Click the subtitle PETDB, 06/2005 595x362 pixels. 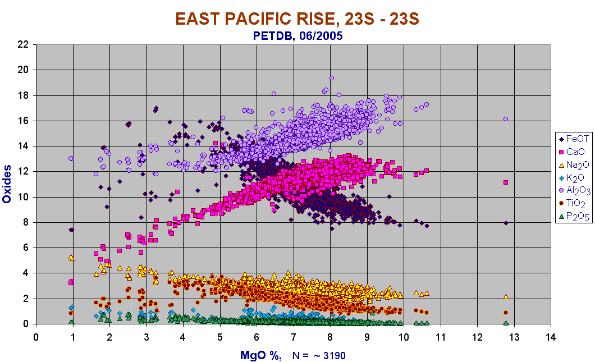(x=298, y=36)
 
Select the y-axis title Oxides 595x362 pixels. (x=6, y=184)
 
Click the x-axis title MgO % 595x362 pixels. (x=260, y=356)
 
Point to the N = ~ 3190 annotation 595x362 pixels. (x=319, y=356)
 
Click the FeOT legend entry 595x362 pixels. (x=574, y=139)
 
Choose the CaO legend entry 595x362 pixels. (x=573, y=152)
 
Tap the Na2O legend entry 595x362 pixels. (x=574, y=164)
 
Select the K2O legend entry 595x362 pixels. (x=571, y=177)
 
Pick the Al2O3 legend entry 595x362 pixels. (x=574, y=190)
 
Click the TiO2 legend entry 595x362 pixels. (x=572, y=203)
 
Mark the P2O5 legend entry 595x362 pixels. (x=574, y=216)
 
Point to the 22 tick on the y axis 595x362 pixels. (x=23, y=44)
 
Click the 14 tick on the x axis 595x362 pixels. (x=551, y=337)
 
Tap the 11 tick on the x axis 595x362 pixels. (x=441, y=337)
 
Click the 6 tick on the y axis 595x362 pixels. (x=26, y=248)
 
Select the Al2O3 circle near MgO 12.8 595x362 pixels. (x=505, y=119)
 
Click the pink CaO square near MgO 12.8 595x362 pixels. (x=505, y=182)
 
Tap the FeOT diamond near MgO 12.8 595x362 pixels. (x=505, y=223)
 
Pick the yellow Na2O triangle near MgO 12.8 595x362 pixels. (x=505, y=296)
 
